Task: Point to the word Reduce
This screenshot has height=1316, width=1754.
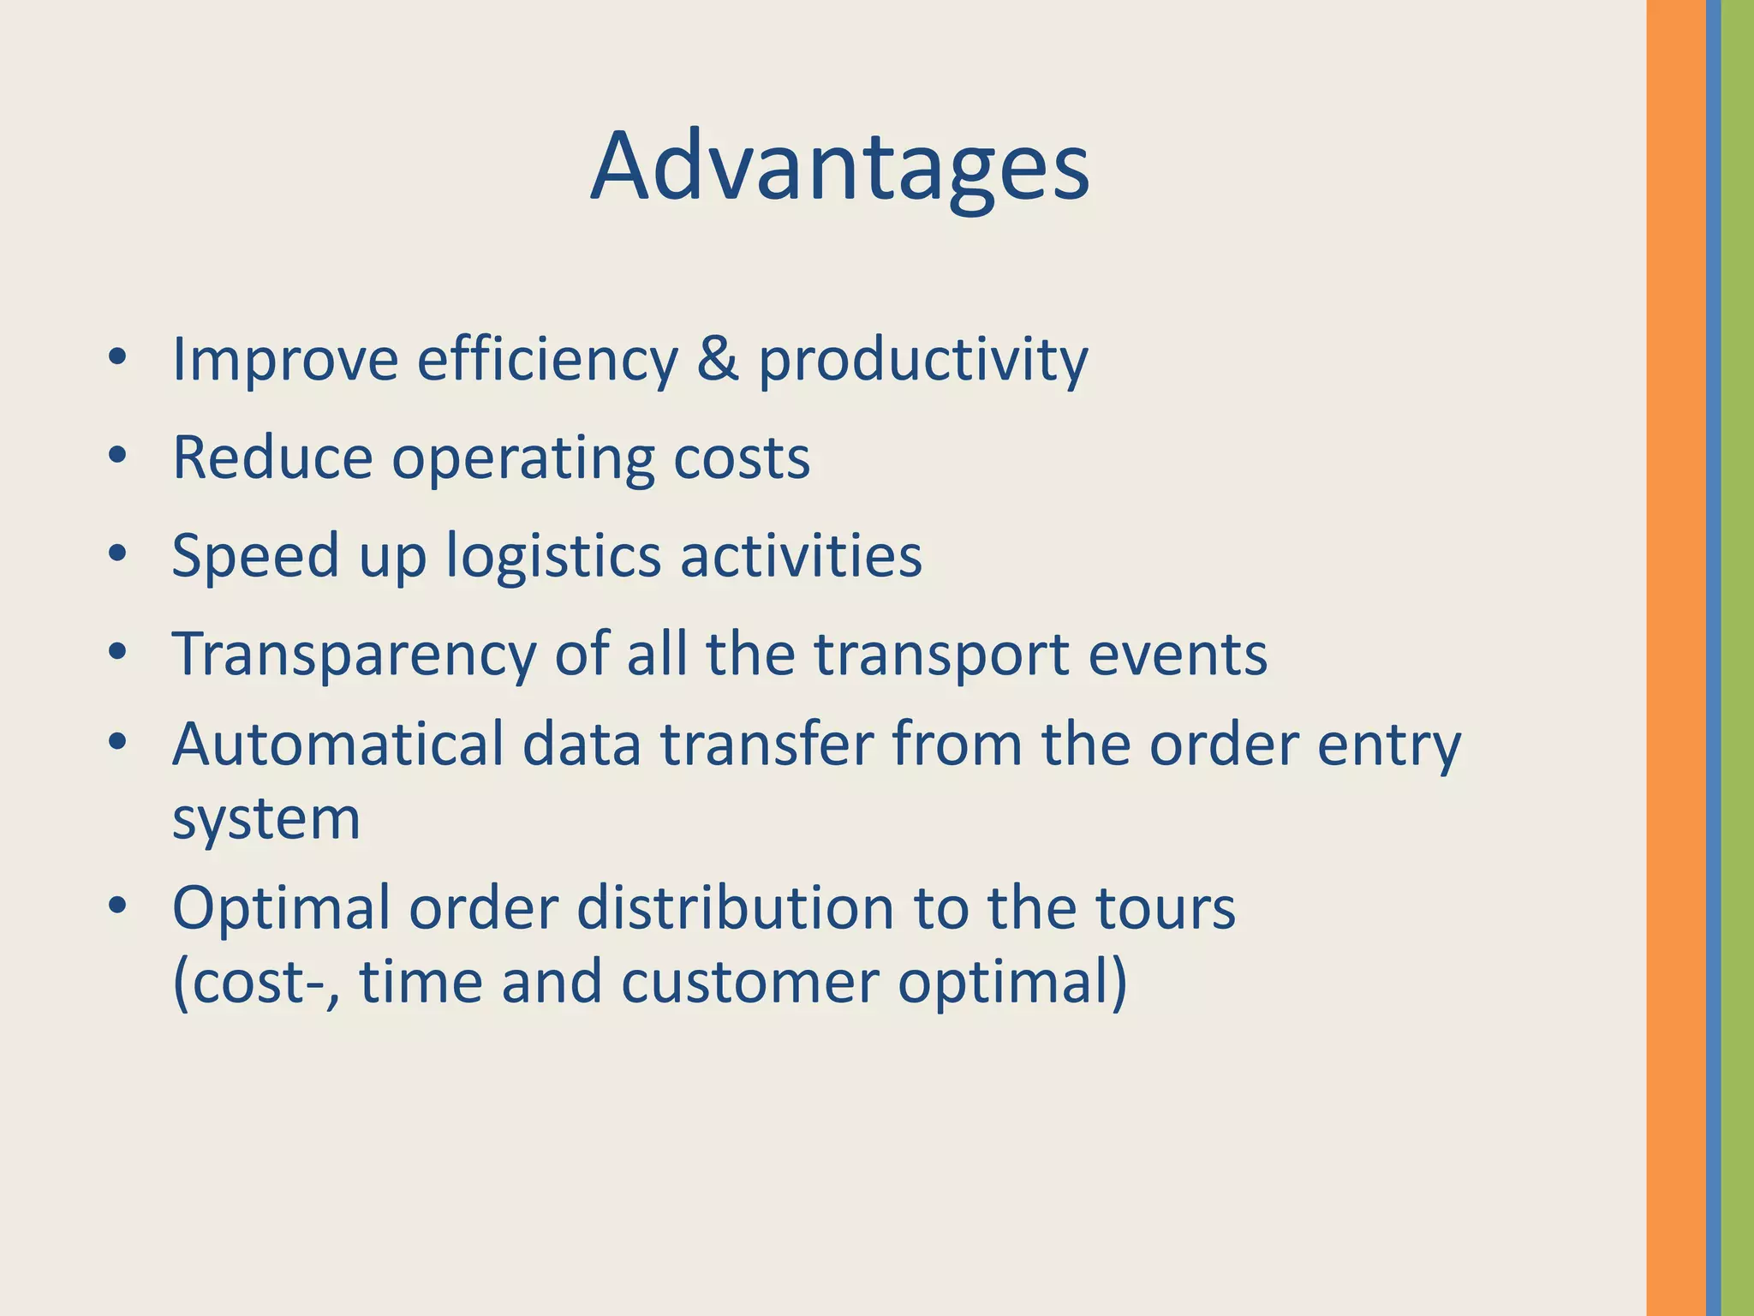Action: coord(272,458)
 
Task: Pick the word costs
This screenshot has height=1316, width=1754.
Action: coord(741,459)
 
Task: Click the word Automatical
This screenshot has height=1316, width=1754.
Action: coord(337,744)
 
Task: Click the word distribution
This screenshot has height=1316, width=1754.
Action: coord(736,907)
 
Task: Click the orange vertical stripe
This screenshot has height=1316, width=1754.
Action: coord(1674,658)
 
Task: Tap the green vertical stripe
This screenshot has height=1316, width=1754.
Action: coord(1737,658)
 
